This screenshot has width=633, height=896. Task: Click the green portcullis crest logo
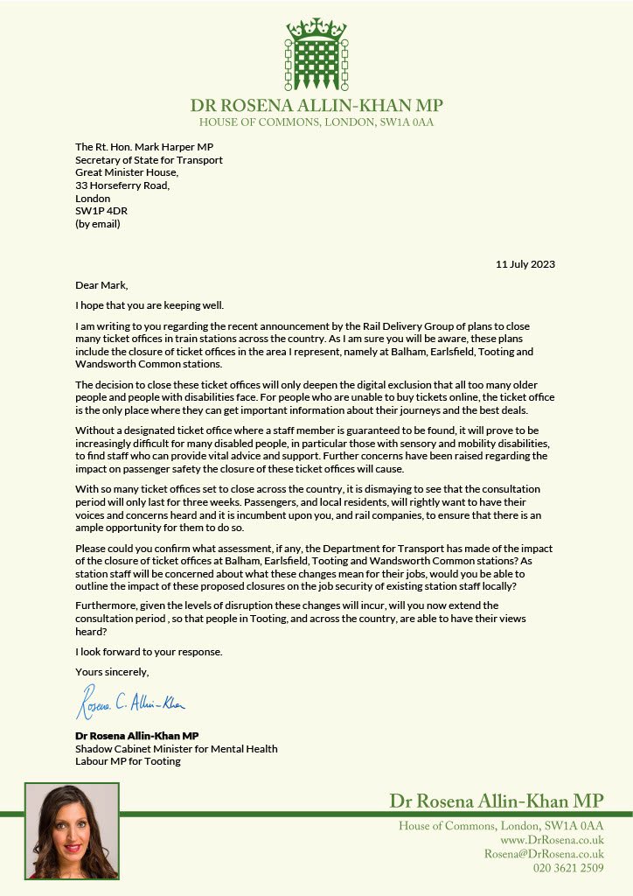click(316, 54)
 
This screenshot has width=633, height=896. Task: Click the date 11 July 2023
click(525, 264)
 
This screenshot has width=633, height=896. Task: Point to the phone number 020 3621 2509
click(568, 868)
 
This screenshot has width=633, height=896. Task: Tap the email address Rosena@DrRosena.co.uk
click(544, 854)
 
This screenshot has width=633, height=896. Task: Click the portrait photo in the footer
click(72, 830)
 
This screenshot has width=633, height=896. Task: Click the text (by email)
click(97, 224)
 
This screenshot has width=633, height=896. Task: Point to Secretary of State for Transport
click(149, 160)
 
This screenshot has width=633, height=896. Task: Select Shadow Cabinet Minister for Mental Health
click(176, 749)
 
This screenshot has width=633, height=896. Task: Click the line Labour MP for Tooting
click(128, 762)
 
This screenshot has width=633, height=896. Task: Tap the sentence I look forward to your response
click(149, 653)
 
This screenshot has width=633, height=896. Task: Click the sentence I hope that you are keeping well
click(150, 304)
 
